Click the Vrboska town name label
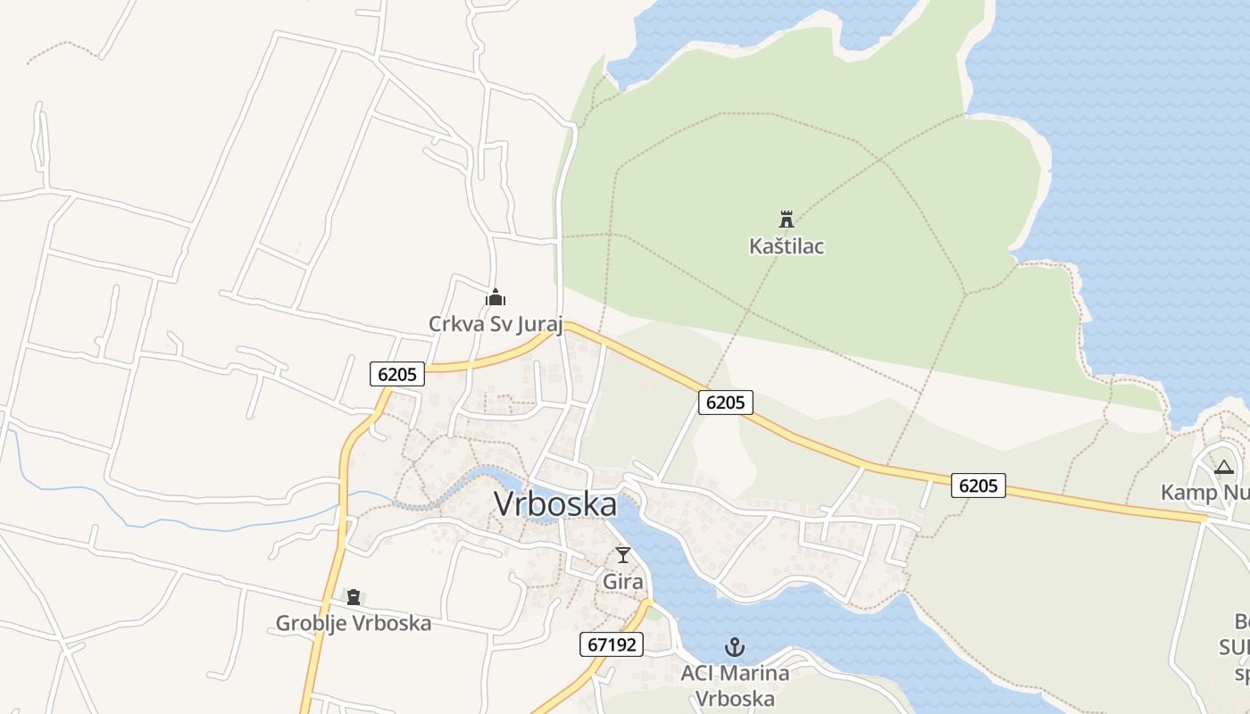(x=554, y=504)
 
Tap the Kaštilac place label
(x=787, y=245)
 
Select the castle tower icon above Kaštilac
(x=787, y=219)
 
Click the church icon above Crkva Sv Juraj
(x=496, y=297)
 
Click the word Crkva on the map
(x=455, y=323)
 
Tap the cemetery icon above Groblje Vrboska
(x=354, y=597)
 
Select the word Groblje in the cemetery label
(x=310, y=623)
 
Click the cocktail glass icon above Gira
(x=623, y=555)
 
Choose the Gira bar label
(x=623, y=581)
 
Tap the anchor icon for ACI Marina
(x=735, y=647)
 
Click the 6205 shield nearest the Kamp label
(x=978, y=486)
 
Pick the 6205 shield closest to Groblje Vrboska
(x=397, y=374)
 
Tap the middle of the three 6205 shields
(x=725, y=403)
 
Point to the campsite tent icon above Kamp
(x=1224, y=467)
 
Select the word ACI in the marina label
(x=699, y=673)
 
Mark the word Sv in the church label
(x=498, y=323)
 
